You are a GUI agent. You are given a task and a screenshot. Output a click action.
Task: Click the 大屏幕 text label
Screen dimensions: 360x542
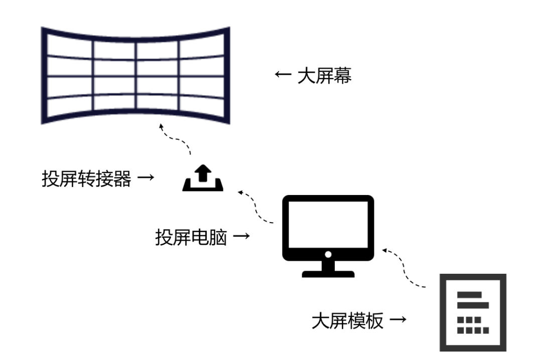point(325,76)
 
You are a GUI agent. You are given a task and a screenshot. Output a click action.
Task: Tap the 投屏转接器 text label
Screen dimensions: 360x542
point(86,178)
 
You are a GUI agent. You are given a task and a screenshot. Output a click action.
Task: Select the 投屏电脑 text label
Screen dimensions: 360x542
point(191,237)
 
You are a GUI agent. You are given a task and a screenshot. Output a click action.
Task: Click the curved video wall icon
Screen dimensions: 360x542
point(135,75)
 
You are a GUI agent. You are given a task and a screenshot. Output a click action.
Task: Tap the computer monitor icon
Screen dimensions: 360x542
point(328,236)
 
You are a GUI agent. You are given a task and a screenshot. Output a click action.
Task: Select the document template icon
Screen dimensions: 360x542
point(473,312)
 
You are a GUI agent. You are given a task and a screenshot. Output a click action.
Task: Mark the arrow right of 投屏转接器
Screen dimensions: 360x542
point(145,178)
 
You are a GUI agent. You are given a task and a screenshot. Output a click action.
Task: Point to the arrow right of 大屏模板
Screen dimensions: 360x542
point(398,320)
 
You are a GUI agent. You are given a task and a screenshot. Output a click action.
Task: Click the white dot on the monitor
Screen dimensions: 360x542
point(328,254)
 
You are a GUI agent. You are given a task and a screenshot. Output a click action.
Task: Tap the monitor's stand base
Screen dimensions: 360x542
point(328,274)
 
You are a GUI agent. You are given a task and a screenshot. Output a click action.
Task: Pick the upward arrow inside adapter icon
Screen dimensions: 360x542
point(202,173)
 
